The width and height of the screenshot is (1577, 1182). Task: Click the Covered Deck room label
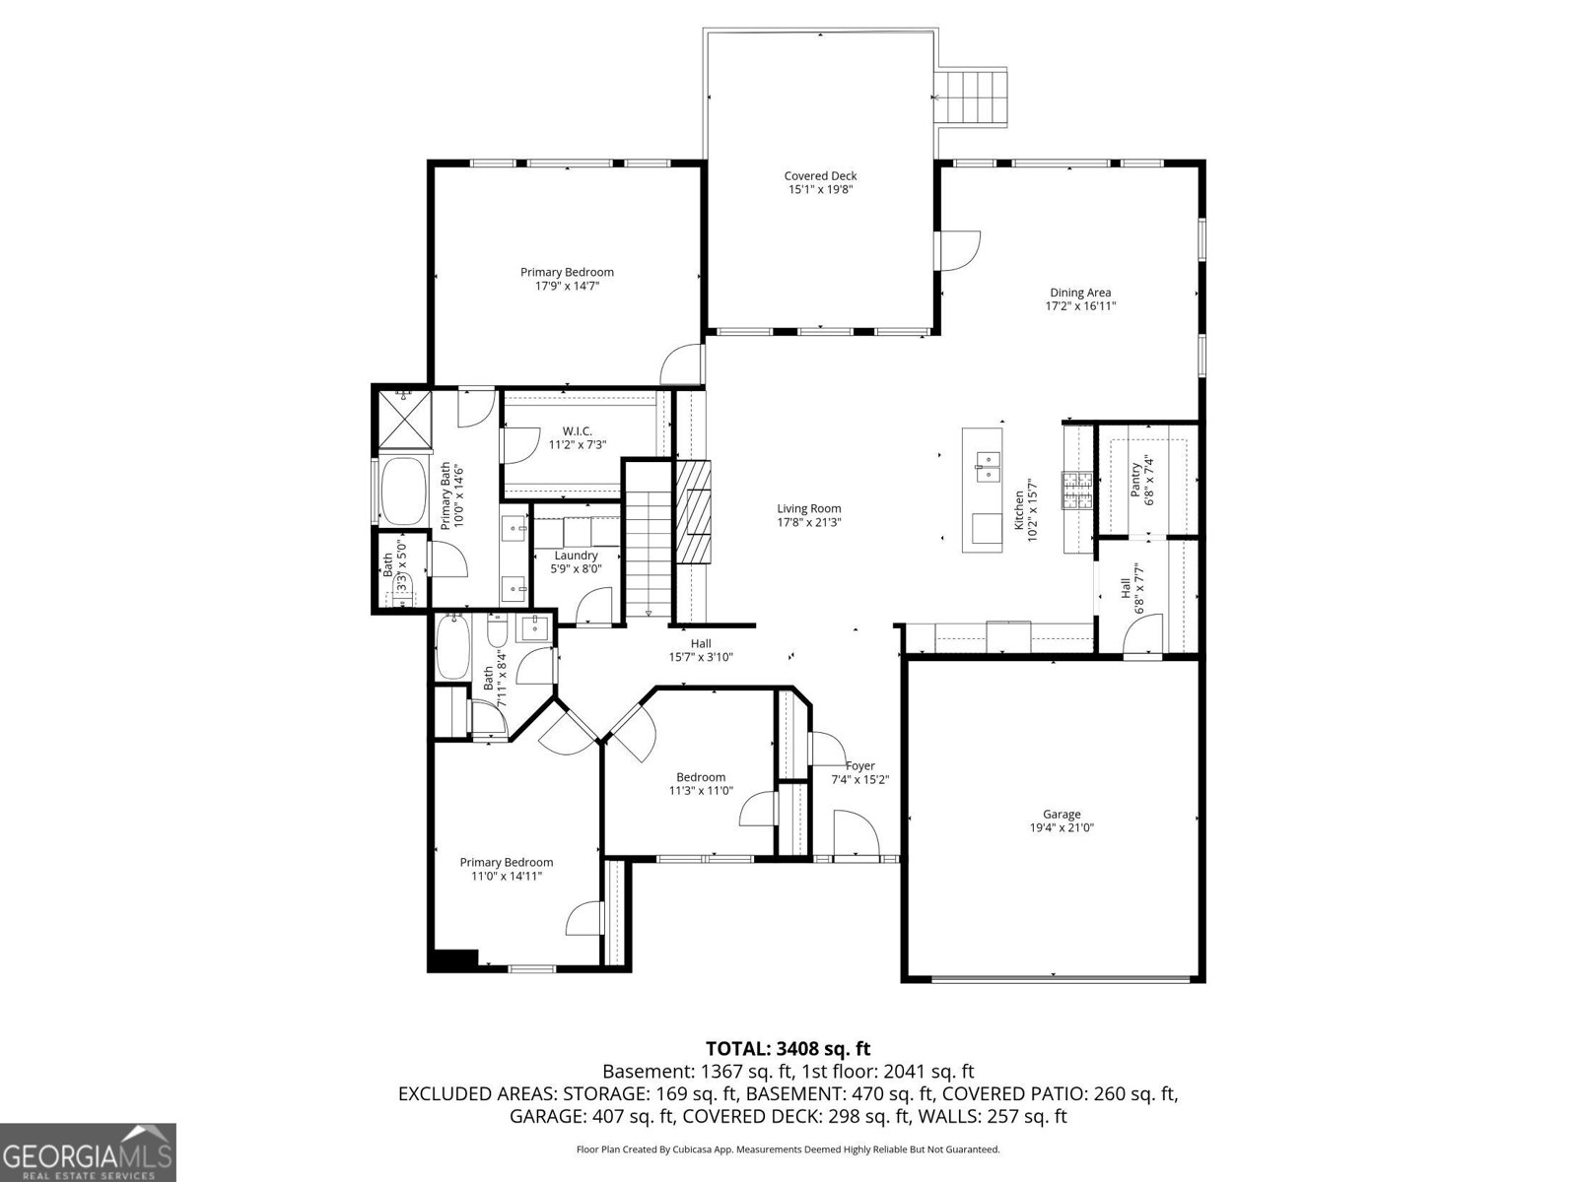820,176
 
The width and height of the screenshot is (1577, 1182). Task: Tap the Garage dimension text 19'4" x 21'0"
1062,828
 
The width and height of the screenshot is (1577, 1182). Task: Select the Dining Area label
1080,293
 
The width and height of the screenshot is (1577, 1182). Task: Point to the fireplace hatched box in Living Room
693,511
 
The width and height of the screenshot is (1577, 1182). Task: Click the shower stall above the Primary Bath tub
404,419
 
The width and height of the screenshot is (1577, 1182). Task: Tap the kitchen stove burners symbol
1077,491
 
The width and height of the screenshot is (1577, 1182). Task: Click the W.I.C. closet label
577,431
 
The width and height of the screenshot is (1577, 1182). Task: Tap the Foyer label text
859,765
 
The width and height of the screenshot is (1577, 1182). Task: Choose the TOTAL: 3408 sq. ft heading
788,1049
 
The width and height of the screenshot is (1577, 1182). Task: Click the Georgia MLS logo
88,1151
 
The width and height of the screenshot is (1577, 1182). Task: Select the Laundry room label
576,556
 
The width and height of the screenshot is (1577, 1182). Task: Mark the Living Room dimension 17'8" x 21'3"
808,523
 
